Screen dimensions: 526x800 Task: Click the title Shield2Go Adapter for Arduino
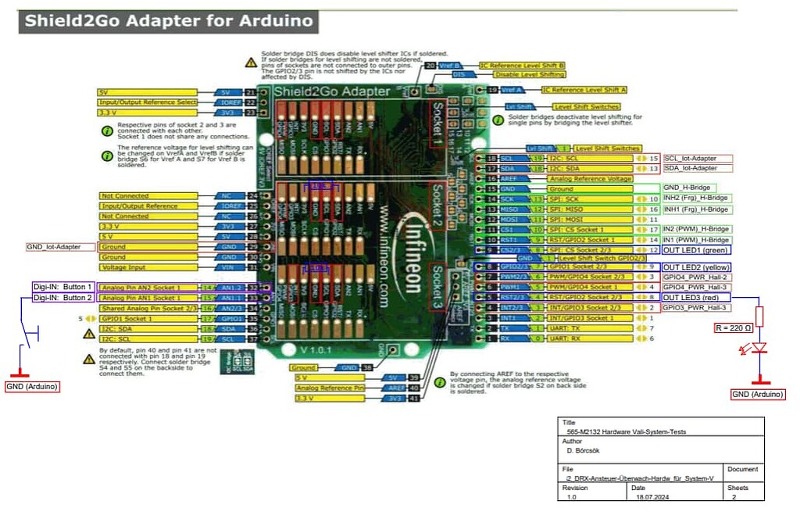pyautogui.click(x=168, y=21)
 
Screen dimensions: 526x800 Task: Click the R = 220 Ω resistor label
pyautogui.click(x=734, y=327)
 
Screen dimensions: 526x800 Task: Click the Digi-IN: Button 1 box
pyautogui.click(x=62, y=287)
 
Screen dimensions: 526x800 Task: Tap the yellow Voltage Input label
pyautogui.click(x=123, y=267)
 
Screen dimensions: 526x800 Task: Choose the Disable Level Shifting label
pyautogui.click(x=530, y=74)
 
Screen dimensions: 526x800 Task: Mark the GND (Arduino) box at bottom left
pyautogui.click(x=32, y=386)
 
